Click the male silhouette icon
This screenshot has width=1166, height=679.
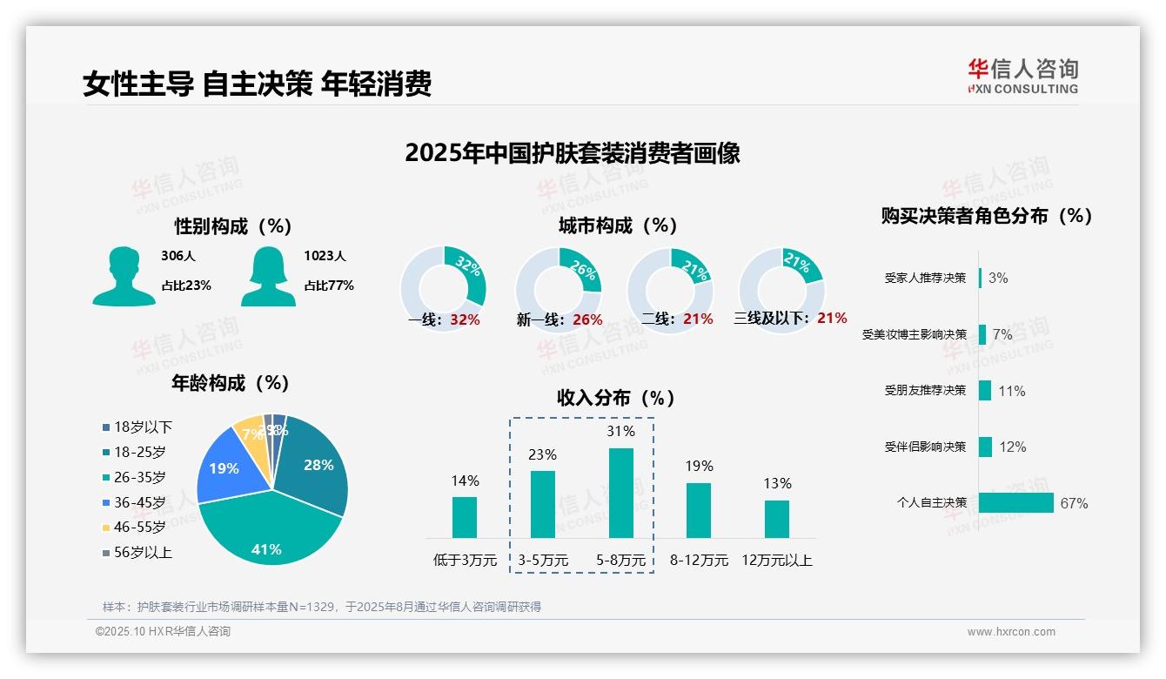pos(124,276)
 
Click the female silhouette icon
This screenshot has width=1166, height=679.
pos(268,276)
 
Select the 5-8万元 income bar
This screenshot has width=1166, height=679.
pos(621,493)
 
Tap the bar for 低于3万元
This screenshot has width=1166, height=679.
pos(465,517)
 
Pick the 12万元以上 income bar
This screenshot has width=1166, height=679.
pos(777,519)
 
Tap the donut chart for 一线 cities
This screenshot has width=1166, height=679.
pos(443,289)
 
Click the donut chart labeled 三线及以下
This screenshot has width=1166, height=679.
pos(781,289)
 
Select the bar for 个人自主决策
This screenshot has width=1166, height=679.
pos(1015,503)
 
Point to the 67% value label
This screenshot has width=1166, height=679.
pos(1074,503)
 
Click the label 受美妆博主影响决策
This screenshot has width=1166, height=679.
pos(915,334)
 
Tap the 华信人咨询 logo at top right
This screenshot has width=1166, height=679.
pos(1023,76)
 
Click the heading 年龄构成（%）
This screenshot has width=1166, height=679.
pos(231,383)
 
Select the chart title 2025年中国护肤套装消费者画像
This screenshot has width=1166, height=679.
pos(572,153)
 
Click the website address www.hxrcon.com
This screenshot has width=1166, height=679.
pos(1011,632)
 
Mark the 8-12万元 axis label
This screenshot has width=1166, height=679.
pos(699,560)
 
